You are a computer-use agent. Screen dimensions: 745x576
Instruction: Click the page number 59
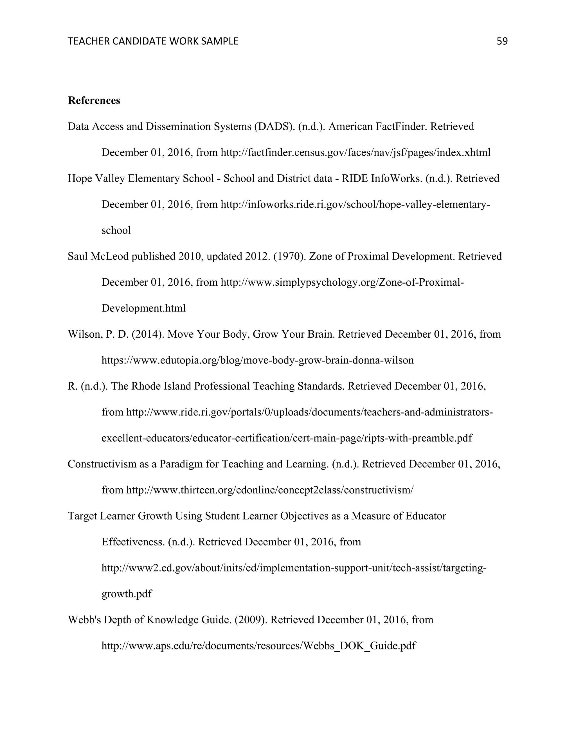[x=502, y=41]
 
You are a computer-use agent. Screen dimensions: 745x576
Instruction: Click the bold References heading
[x=94, y=101]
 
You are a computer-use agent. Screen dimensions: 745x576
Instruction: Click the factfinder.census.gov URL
[x=355, y=152]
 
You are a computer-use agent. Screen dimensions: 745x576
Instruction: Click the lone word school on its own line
[x=116, y=230]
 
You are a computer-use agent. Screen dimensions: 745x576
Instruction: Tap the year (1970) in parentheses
[x=290, y=256]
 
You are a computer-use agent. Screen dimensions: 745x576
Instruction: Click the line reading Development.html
[x=144, y=308]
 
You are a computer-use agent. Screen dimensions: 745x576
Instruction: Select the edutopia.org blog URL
[x=258, y=360]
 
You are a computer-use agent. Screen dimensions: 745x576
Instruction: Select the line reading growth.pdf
[x=127, y=594]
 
